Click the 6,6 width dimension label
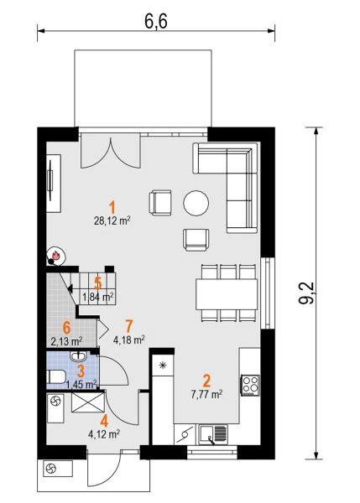coord(156,22)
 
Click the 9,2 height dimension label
coord(306,293)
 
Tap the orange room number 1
coord(112,207)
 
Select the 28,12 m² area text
coord(112,220)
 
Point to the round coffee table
coord(196,203)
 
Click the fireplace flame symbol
coord(56,256)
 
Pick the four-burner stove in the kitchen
coord(251,385)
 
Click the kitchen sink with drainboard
coord(213,434)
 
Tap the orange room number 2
coord(206,381)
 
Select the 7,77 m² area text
coord(206,394)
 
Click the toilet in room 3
coord(56,376)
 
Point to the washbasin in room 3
coord(78,355)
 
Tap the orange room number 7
coord(128,326)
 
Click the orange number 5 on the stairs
coord(98,283)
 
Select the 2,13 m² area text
coord(66,341)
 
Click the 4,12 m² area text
coord(104,434)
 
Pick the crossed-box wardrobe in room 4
coord(87,402)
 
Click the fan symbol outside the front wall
coord(50,469)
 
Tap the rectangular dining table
coord(227,294)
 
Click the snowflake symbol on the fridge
coord(163,365)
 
